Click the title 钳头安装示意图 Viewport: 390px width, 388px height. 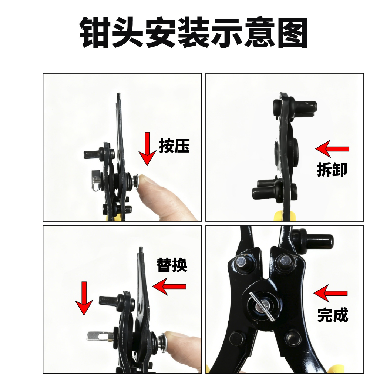(x=194, y=32)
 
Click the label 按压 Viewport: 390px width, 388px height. (x=174, y=146)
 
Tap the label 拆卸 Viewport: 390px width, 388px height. (x=332, y=170)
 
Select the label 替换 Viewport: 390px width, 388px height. (x=172, y=265)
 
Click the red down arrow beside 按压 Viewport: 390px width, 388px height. (x=147, y=149)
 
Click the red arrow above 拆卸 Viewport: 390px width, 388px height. (x=332, y=149)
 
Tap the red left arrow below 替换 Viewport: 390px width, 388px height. (x=169, y=287)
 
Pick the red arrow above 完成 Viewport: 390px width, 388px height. (x=330, y=293)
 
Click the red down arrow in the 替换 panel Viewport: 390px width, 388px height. (x=84, y=298)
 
